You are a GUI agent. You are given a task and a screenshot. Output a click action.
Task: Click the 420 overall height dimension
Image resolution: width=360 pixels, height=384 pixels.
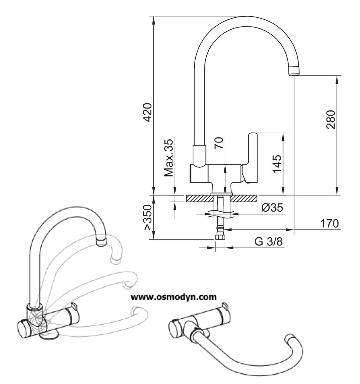148,112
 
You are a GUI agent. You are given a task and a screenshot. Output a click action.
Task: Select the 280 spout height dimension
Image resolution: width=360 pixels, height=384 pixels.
331,120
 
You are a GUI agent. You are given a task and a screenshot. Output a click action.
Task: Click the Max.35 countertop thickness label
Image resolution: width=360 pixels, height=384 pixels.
169,158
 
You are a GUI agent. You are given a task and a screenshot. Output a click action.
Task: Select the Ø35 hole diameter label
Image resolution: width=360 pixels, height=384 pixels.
272,208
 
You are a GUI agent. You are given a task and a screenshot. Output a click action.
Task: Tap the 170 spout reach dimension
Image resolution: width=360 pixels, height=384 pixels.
329,224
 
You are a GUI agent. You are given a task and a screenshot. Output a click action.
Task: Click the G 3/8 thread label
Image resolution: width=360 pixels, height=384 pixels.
269,242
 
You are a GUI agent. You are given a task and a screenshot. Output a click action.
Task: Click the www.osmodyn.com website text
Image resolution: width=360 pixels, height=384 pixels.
174,297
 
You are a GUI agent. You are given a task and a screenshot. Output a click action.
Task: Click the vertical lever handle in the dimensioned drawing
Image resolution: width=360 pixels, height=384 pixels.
252,153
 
